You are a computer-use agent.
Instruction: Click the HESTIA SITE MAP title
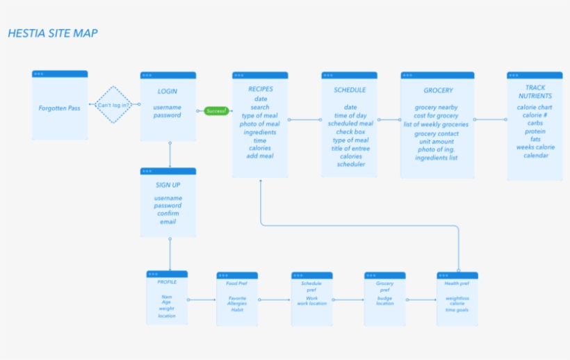click(53, 33)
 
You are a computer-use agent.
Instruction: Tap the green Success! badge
click(216, 111)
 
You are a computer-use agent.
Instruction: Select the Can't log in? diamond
click(113, 105)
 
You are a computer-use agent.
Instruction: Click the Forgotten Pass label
click(60, 108)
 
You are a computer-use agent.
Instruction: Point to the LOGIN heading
click(168, 91)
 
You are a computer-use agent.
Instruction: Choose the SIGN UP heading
click(168, 185)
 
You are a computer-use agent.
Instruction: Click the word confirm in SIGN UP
click(168, 213)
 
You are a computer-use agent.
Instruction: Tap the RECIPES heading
click(261, 89)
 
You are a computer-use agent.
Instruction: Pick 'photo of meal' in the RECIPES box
click(260, 124)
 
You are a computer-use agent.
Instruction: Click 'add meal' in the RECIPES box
click(260, 156)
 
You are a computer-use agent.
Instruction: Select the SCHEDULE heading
click(350, 90)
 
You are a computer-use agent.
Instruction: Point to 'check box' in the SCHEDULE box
click(350, 132)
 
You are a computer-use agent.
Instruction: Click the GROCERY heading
click(438, 90)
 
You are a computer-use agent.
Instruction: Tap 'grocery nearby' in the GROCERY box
click(437, 108)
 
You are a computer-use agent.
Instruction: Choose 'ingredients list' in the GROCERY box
click(437, 158)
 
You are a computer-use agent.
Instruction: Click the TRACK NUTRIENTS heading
click(535, 92)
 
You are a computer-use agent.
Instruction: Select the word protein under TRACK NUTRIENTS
click(535, 131)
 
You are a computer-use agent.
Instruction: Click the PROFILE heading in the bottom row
click(167, 282)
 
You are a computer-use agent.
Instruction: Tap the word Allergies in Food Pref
click(237, 304)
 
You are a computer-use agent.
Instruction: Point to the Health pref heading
click(457, 284)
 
